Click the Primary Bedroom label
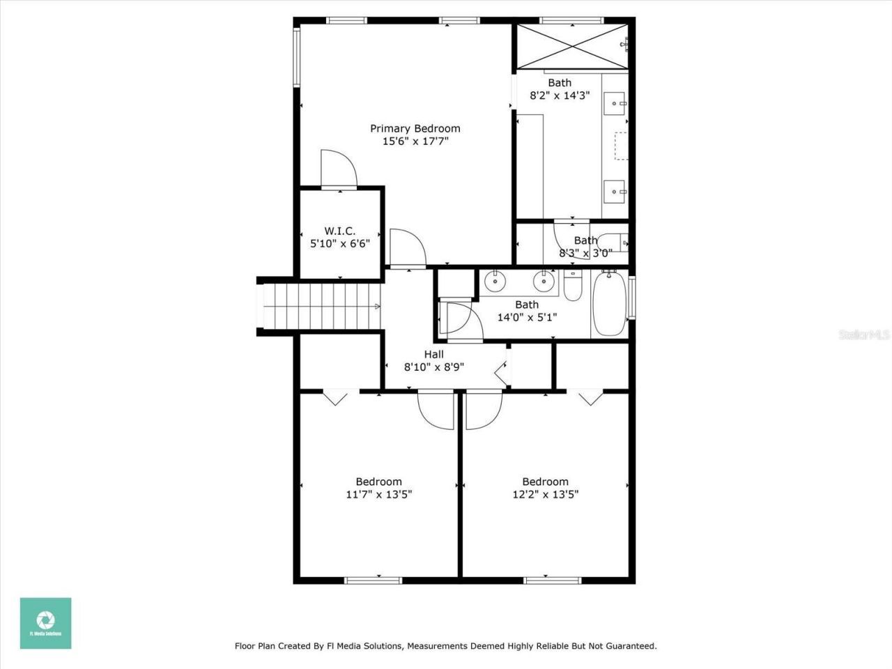tap(415, 128)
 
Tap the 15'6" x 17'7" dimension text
tap(415, 141)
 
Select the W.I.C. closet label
tap(339, 231)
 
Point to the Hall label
tap(433, 354)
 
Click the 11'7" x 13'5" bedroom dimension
tap(378, 495)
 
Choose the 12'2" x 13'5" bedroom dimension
tap(545, 495)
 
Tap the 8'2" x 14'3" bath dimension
tap(560, 95)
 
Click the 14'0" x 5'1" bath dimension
tap(526, 317)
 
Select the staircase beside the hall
tap(321, 307)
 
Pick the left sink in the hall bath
tap(495, 282)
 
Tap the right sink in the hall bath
tap(543, 282)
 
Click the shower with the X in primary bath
tap(571, 47)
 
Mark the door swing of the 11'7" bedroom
tap(436, 411)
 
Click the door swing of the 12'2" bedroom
tap(483, 411)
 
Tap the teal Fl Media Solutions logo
tap(45, 623)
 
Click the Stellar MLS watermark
tap(864, 335)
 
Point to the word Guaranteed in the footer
tap(630, 646)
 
